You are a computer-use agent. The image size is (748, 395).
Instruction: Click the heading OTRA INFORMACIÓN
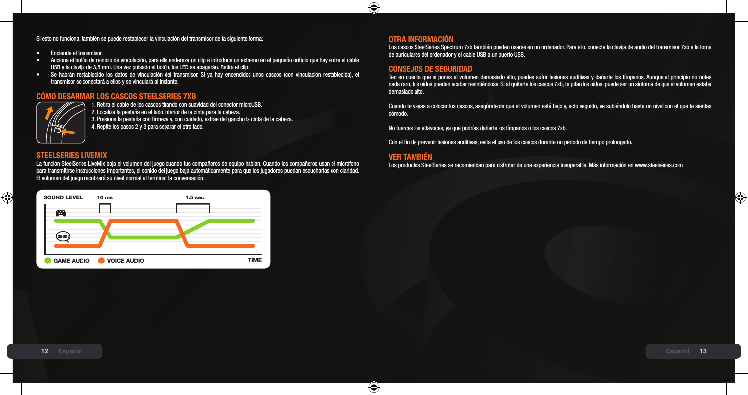pos(420,39)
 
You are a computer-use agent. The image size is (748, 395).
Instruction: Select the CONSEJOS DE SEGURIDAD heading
pos(430,69)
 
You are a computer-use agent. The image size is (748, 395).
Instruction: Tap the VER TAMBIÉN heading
pos(410,157)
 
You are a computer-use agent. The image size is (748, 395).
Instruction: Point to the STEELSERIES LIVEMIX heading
pos(72,156)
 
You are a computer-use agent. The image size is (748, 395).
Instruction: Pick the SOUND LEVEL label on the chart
pos(63,197)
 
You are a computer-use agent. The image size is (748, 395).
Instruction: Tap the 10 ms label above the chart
pos(105,197)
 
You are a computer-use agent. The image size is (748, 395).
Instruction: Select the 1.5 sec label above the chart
pos(194,197)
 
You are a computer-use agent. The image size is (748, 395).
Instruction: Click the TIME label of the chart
pos(254,260)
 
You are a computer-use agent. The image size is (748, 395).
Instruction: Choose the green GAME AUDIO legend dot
pos(48,261)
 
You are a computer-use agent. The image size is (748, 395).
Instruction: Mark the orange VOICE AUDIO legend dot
pos(102,261)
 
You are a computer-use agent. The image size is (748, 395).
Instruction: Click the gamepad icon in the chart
pos(61,213)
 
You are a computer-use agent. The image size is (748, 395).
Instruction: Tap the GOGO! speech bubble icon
pos(63,236)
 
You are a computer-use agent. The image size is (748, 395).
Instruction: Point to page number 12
pos(45,351)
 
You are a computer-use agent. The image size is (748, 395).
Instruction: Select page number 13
pos(703,351)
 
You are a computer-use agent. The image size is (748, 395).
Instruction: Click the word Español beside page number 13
pos(677,351)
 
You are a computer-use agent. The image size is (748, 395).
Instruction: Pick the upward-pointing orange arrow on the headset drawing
pos(49,114)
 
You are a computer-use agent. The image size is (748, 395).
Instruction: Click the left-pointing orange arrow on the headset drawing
pos(70,131)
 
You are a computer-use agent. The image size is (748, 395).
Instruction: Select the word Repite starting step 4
pos(103,126)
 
